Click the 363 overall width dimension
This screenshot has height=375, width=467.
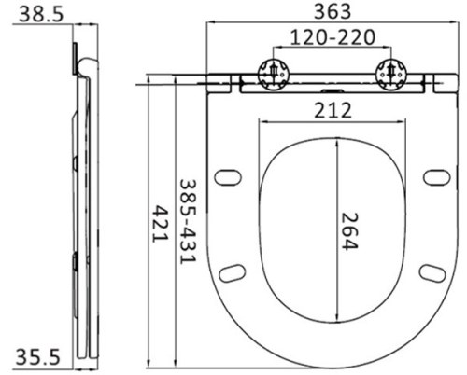tap(333, 11)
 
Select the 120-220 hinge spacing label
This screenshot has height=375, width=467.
tap(333, 37)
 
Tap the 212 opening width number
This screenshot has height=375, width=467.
tap(333, 110)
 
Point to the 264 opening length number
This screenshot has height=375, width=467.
tap(350, 230)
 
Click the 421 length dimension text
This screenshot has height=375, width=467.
tap(160, 224)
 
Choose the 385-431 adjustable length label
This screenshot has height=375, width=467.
tap(189, 222)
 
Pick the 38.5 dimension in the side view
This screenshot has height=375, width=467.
tap(41, 14)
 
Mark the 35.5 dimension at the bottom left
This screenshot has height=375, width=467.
tap(37, 356)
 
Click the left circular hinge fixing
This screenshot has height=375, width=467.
tap(274, 75)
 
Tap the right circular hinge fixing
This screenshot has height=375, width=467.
tap(391, 75)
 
